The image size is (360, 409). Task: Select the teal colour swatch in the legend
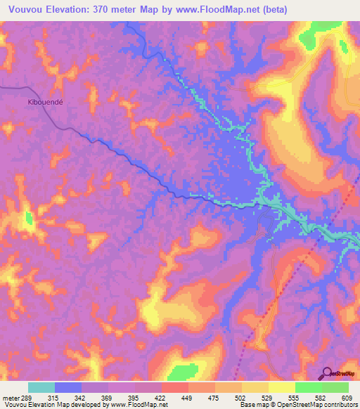pos(41,387)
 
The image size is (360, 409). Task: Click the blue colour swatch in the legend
pos(68,387)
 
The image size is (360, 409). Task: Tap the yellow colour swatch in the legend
pos(282,387)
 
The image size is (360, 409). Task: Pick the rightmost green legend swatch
pos(335,387)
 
